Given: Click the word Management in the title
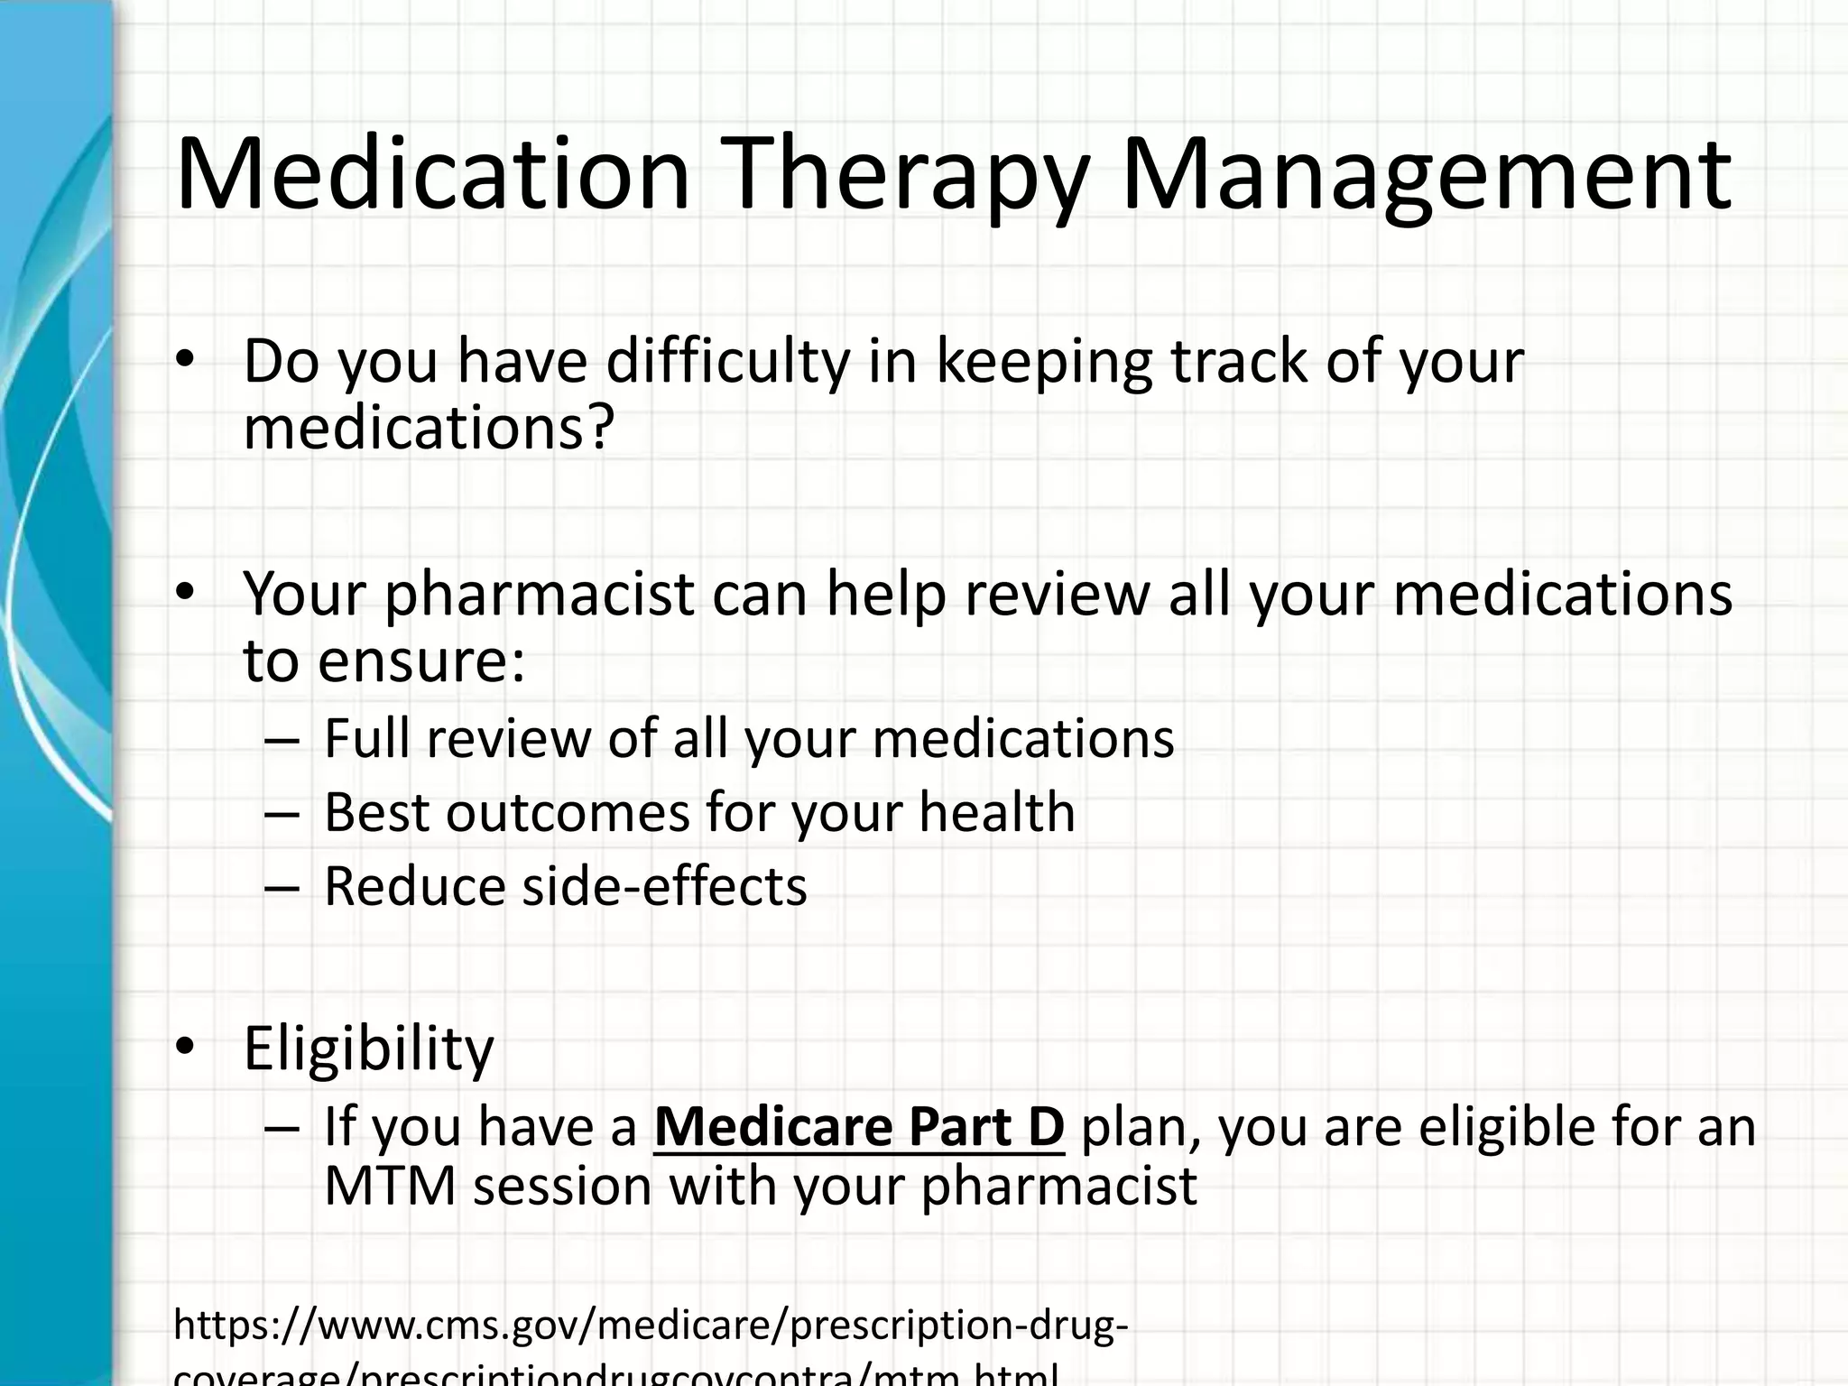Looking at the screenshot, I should pyautogui.click(x=1425, y=176).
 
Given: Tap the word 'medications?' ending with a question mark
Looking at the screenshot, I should pyautogui.click(x=429, y=428).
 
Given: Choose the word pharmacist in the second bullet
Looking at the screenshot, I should pyautogui.click(x=540, y=596).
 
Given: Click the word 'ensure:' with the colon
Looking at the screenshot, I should pyautogui.click(x=421, y=661).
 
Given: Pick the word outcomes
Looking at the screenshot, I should pyautogui.click(x=568, y=812).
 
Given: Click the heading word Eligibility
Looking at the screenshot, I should pyautogui.click(x=369, y=1049).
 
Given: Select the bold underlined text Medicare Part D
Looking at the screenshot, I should pyautogui.click(x=859, y=1127).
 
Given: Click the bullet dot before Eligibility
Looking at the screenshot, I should pyautogui.click(x=185, y=1048).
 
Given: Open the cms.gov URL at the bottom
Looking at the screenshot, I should pyautogui.click(x=650, y=1326).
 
